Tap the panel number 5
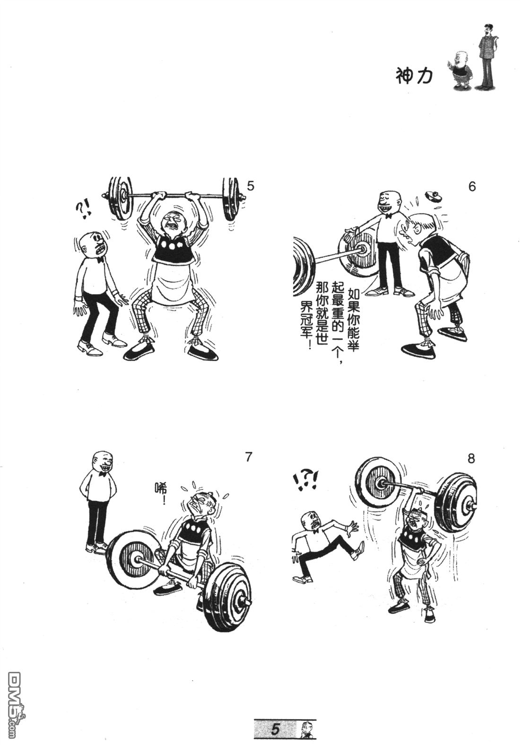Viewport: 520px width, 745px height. pyautogui.click(x=250, y=186)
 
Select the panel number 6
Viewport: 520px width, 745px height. pyautogui.click(x=472, y=186)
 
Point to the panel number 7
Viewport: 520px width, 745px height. pyautogui.click(x=248, y=457)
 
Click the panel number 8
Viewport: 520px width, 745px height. pyautogui.click(x=471, y=459)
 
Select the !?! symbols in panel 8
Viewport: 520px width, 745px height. pyautogui.click(x=305, y=480)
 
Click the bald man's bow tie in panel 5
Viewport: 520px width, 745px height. pyautogui.click(x=99, y=260)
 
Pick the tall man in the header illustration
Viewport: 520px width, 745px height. pyautogui.click(x=487, y=57)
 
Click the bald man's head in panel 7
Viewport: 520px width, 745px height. pyautogui.click(x=103, y=463)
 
